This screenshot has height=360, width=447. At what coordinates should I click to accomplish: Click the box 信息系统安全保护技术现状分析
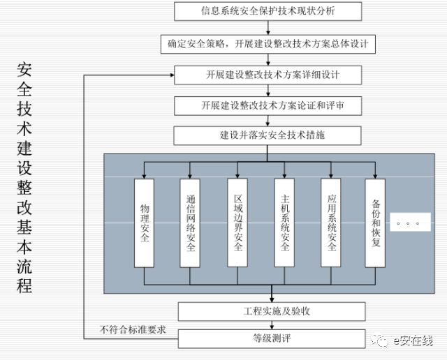point(268,12)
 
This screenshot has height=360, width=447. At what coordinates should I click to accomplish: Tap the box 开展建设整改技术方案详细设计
point(268,74)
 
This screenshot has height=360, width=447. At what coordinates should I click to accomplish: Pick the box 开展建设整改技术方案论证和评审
point(268,105)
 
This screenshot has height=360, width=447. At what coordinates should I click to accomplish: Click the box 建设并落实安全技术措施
point(268,135)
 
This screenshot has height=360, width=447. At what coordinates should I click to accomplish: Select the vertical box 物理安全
point(144,222)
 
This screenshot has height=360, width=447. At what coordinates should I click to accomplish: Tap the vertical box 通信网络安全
point(191,222)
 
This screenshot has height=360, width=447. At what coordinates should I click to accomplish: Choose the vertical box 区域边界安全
point(237,222)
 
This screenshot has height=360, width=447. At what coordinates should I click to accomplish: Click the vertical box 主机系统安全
point(284,222)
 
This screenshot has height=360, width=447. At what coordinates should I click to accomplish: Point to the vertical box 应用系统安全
point(331,222)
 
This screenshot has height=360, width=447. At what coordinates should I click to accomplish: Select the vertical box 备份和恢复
point(376,222)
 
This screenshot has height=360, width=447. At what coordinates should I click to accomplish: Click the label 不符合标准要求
point(133,330)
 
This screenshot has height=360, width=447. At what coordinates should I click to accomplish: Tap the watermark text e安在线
point(413,341)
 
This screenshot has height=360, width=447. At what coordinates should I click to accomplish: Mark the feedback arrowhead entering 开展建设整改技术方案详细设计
point(170,74)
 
